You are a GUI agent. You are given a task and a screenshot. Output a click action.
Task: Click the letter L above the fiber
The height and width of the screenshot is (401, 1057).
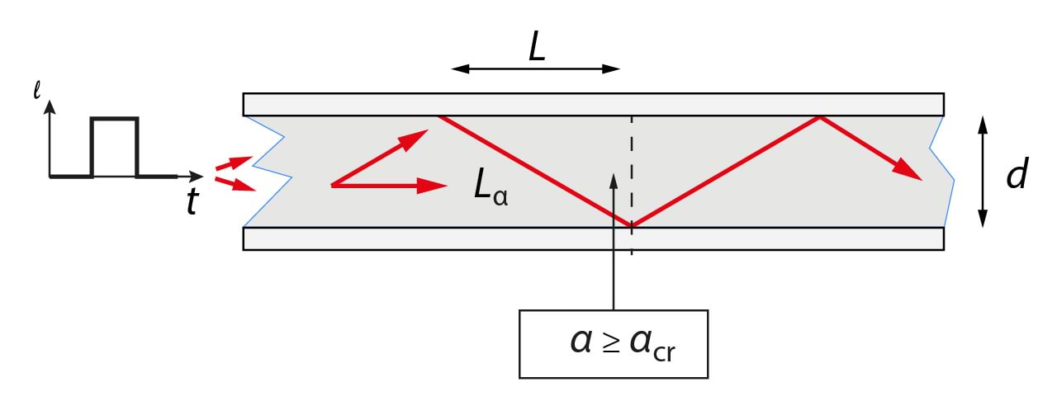(x=537, y=50)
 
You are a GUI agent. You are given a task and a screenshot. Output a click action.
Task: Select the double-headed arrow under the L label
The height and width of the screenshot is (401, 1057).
(x=535, y=68)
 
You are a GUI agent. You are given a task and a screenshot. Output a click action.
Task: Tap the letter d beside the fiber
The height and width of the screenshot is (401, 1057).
(x=1017, y=175)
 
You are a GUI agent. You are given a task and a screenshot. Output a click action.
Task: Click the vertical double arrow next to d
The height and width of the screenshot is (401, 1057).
(x=982, y=172)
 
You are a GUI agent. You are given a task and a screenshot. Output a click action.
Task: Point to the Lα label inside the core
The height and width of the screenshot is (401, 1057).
(x=490, y=189)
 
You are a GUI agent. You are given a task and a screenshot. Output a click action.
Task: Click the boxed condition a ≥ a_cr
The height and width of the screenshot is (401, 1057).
(x=613, y=343)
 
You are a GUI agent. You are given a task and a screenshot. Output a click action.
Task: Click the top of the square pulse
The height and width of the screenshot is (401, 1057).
(x=114, y=120)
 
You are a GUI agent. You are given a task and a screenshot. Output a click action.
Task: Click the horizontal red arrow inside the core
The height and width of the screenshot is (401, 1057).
(x=388, y=186)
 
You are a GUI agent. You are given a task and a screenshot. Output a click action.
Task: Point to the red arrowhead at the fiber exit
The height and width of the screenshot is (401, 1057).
(x=909, y=170)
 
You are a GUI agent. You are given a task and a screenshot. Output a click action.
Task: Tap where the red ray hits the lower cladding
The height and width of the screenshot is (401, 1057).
(x=632, y=224)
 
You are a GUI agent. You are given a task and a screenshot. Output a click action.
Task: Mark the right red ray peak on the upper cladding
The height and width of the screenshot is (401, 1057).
(x=819, y=117)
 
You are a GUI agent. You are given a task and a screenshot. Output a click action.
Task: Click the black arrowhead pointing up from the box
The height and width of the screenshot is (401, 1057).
(x=613, y=180)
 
